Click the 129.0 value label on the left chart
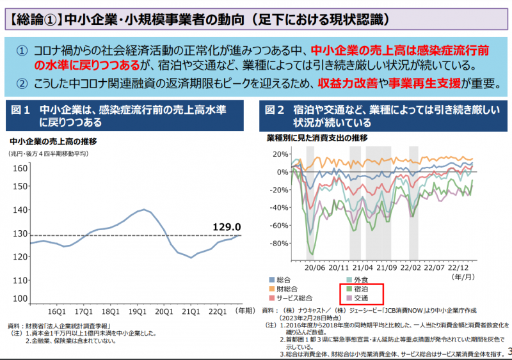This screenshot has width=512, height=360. tap(227, 227)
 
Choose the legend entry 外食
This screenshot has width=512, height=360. tap(360, 279)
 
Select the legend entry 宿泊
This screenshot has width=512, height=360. tap(360, 289)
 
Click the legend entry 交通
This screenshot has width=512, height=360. tap(360, 298)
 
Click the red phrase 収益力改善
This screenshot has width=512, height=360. tap(346, 83)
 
